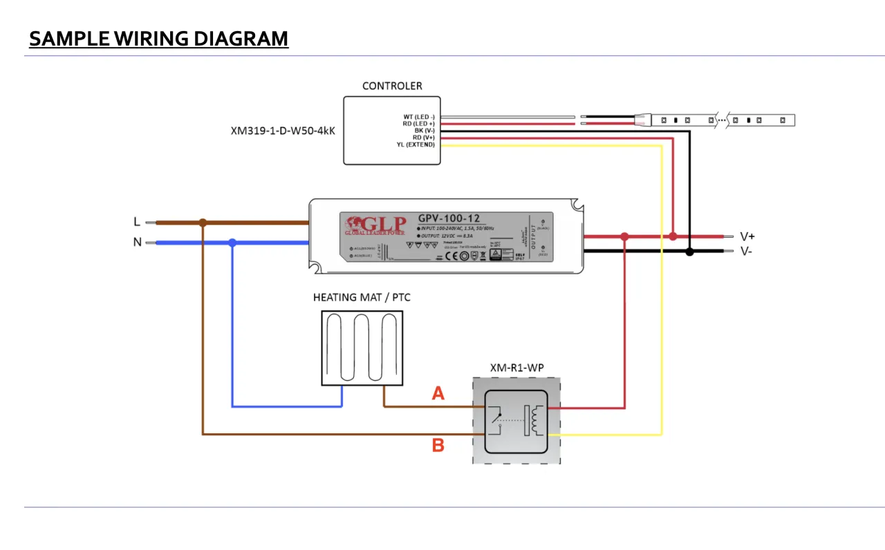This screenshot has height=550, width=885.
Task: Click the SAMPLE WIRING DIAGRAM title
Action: point(158,39)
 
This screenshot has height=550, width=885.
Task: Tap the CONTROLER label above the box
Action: point(392,86)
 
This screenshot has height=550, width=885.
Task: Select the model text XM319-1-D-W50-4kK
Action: point(283,130)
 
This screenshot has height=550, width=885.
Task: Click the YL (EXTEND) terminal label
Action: point(416,144)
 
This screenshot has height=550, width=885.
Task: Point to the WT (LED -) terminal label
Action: point(419,117)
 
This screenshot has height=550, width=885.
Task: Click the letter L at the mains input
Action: point(137,222)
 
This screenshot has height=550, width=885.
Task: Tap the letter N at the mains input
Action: point(137,243)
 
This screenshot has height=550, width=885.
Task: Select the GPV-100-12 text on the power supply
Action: point(447,218)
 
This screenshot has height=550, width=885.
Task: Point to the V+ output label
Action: point(747,236)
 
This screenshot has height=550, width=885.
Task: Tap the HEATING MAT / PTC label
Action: point(362,298)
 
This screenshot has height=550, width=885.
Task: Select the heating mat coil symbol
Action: point(362,348)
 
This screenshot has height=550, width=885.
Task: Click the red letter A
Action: point(438,394)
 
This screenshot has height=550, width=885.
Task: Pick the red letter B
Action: point(438,446)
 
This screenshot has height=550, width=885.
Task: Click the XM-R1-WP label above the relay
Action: point(516,368)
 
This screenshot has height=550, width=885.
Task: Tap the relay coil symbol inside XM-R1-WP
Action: point(535,421)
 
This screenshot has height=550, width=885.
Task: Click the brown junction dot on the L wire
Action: point(203,222)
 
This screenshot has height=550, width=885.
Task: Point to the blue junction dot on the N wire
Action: point(232,243)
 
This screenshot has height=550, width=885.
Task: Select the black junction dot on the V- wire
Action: point(689,252)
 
